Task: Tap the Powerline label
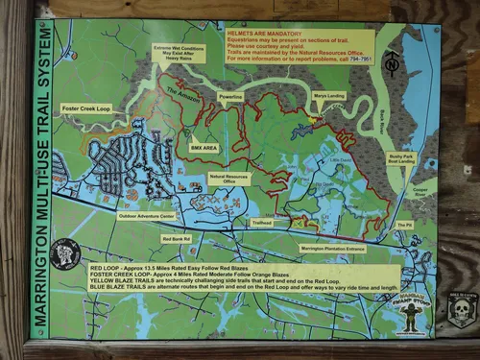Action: pos(229,98)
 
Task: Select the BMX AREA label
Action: pos(204,148)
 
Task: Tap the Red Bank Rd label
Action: pos(176,238)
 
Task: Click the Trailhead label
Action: pos(262,222)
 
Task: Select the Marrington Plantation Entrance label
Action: pos(332,248)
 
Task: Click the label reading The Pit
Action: pos(404,225)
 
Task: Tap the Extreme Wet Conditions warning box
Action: pos(180,53)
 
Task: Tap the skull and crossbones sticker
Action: pos(461,309)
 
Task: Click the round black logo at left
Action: pos(65,254)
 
